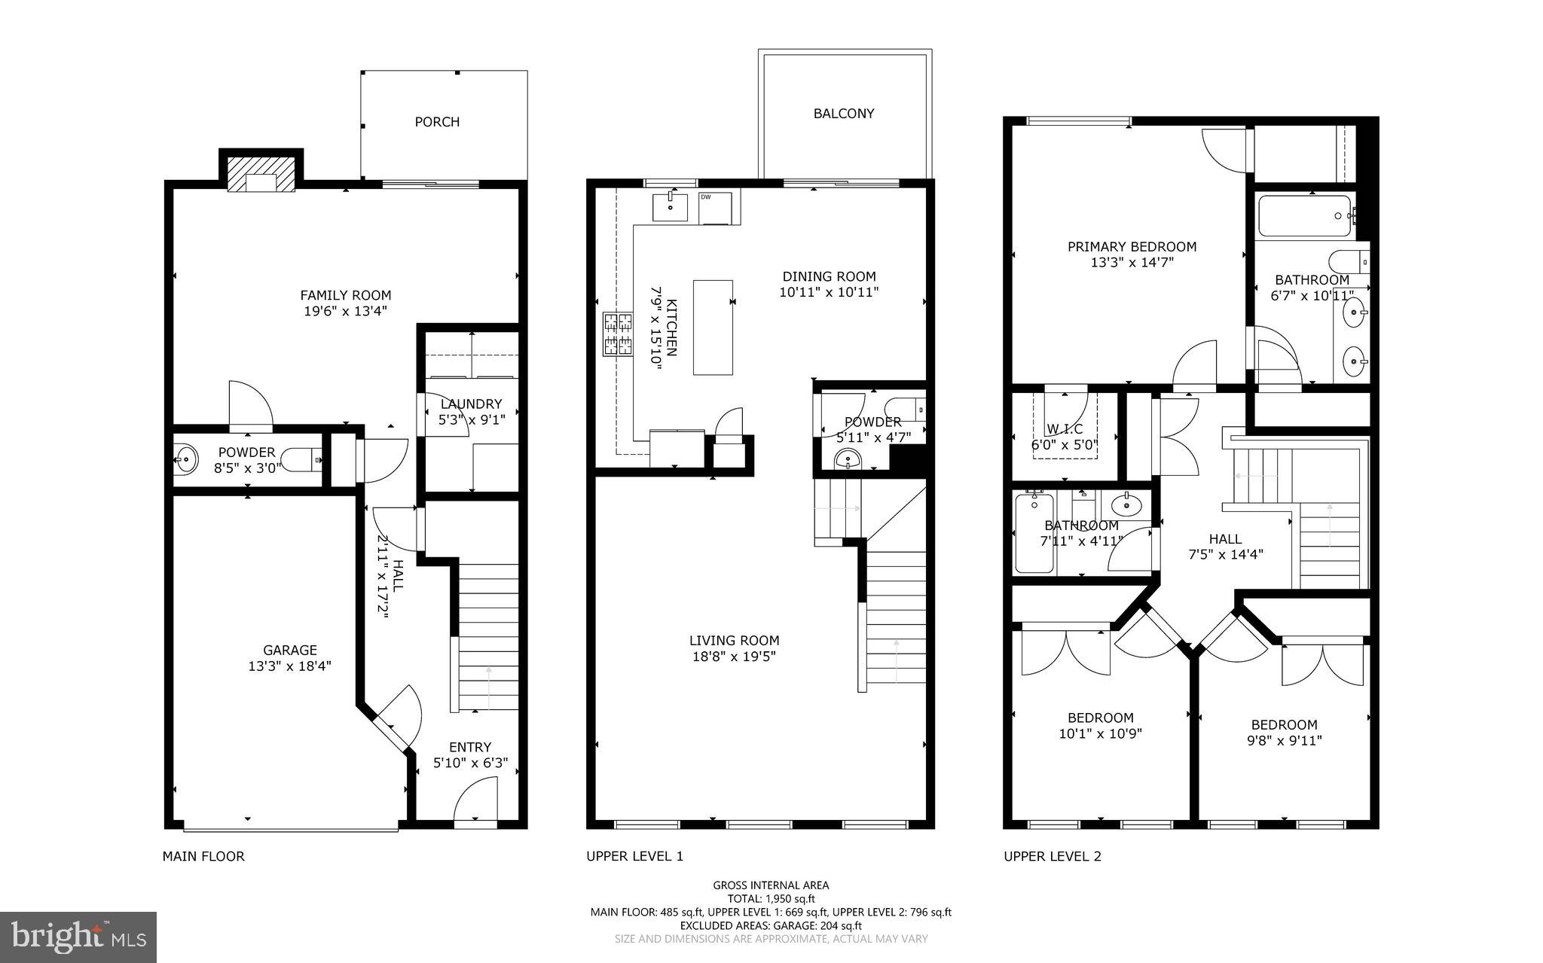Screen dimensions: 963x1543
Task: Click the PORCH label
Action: coord(437,122)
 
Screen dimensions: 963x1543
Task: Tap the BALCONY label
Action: coord(844,114)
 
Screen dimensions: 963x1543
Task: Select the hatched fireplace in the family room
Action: coord(261,175)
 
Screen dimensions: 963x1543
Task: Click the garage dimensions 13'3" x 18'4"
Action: coord(289,666)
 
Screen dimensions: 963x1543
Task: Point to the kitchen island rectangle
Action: coord(713,327)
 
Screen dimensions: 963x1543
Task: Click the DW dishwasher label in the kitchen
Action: coord(706,197)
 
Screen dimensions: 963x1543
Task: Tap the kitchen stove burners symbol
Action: coord(618,334)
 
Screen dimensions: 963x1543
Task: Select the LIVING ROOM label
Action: coord(734,641)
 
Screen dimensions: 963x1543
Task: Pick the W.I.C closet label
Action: coord(1065,429)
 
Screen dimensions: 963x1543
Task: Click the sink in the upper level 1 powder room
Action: coord(848,459)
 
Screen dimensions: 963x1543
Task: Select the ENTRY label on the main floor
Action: coord(470,748)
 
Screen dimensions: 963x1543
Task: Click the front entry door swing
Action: coord(476,803)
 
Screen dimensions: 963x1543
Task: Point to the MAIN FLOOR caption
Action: coord(203,856)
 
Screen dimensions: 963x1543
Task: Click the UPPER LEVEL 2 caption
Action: coord(1052,856)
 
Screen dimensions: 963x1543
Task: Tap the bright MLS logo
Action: coord(78,937)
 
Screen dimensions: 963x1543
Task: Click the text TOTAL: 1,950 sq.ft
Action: coord(771,899)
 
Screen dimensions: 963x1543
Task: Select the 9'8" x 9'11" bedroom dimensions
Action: coord(1284,741)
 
